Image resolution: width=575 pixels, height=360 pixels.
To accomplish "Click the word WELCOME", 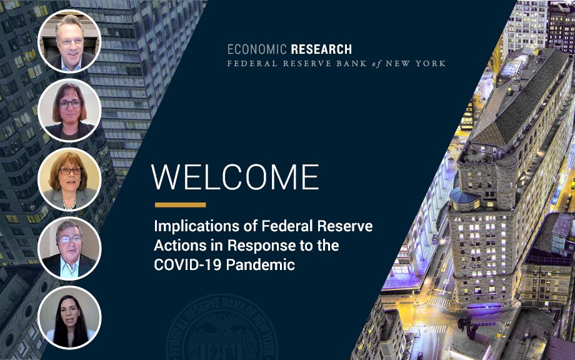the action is click(x=235, y=177).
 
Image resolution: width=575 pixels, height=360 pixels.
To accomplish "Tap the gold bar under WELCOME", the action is click(x=181, y=205).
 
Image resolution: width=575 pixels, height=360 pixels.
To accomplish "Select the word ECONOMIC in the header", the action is click(x=257, y=49).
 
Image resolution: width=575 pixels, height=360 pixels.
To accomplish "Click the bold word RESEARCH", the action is click(x=321, y=49).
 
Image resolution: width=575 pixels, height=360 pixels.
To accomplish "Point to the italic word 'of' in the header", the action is click(x=376, y=64).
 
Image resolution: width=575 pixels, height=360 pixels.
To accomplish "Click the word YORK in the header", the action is click(x=431, y=63).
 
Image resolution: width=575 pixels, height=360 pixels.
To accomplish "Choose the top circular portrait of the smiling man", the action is click(x=69, y=41).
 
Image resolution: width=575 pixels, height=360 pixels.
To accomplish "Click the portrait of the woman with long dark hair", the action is click(x=69, y=317).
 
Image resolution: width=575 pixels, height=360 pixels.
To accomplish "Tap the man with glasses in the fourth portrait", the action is click(x=69, y=249).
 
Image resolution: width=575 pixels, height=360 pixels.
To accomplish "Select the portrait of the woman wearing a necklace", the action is click(x=69, y=179).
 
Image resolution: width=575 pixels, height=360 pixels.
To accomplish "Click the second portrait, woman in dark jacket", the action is click(x=69, y=111).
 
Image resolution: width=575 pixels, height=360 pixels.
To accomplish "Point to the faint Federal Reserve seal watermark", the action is click(x=222, y=328).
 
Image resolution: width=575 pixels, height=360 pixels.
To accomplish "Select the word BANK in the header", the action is click(x=351, y=63).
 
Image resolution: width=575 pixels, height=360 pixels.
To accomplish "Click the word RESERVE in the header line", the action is click(x=307, y=63).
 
